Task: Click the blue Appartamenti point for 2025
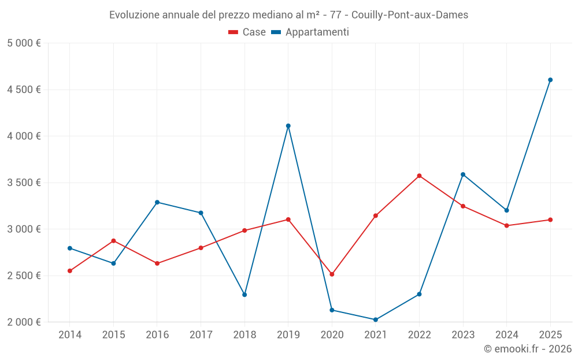tap(550, 80)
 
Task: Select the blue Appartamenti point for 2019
tap(288, 126)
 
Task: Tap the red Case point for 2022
tap(419, 176)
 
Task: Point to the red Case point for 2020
tap(332, 274)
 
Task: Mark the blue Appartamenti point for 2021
tap(376, 319)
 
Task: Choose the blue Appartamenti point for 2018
tap(244, 295)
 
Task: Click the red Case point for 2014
tap(70, 271)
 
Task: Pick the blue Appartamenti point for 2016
tap(157, 202)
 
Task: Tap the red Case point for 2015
tap(113, 241)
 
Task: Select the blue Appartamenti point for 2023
tap(463, 174)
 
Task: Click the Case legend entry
tap(247, 32)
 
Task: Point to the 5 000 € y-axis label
tap(24, 43)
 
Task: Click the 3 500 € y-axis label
tap(24, 183)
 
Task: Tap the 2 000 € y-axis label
tap(24, 322)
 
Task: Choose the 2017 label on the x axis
tap(201, 334)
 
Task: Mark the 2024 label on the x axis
tap(506, 334)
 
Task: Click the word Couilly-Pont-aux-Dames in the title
tap(409, 15)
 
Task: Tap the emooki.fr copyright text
tap(527, 349)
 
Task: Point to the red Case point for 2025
tap(550, 219)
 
